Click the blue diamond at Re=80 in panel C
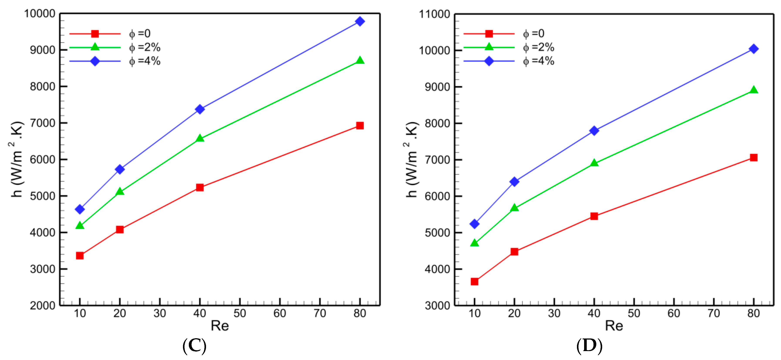360,22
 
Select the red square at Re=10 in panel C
80,255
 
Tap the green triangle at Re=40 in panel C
200,139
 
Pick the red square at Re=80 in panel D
753,158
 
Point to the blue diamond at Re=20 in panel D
514,182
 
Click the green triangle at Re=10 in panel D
474,243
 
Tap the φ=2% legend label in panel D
538,47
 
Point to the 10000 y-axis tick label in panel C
40,14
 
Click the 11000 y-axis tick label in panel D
434,14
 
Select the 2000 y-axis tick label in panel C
42,305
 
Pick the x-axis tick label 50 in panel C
240,313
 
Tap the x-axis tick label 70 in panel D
714,313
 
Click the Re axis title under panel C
220,326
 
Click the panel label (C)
194,345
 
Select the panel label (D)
589,345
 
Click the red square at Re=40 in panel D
594,216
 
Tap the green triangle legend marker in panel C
95,47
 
